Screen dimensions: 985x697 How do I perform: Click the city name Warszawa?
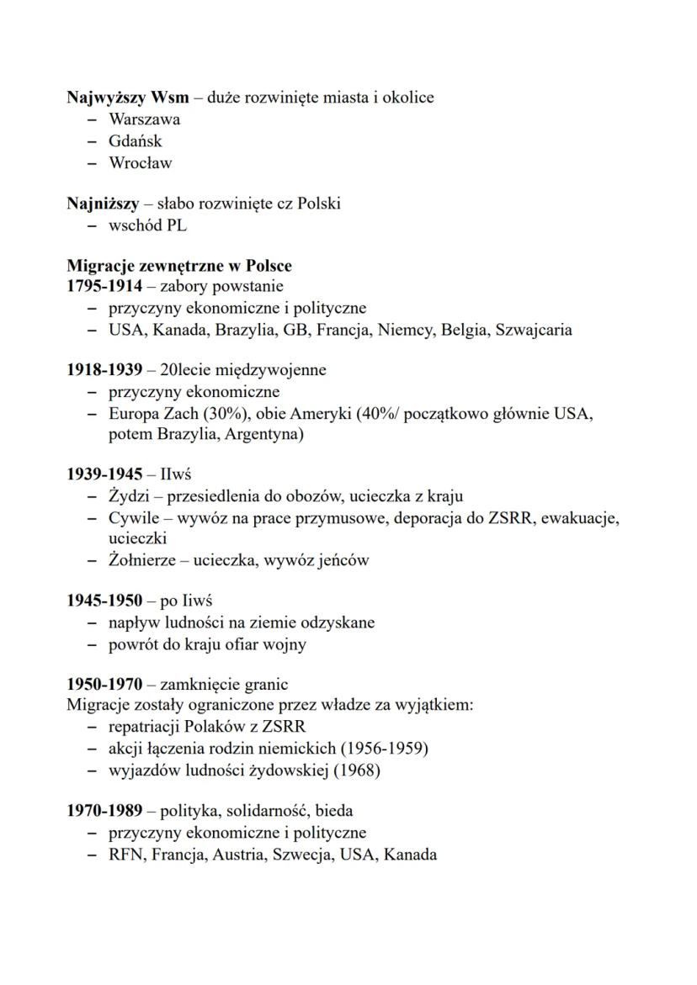click(144, 119)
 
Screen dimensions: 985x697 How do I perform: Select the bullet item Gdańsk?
click(135, 141)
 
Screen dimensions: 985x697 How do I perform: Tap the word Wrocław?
click(140, 163)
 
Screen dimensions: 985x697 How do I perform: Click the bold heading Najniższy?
click(103, 204)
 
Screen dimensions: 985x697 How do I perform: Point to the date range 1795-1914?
click(104, 287)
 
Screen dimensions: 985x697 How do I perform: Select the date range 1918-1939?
click(104, 370)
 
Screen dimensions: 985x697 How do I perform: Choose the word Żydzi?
click(129, 496)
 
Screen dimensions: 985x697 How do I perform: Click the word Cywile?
click(132, 518)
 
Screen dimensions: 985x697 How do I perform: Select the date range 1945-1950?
click(104, 601)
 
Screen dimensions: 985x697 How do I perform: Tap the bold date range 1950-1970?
click(104, 685)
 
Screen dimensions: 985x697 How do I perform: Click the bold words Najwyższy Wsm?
click(128, 98)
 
